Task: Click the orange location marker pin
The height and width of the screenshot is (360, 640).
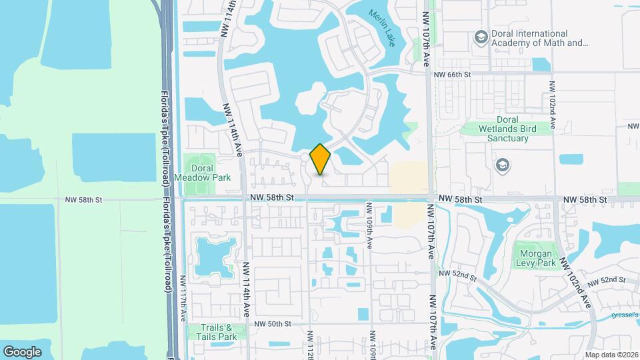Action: click(321, 159)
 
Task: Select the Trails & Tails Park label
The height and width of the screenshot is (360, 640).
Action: click(217, 332)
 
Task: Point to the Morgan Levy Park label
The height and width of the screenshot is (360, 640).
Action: click(535, 258)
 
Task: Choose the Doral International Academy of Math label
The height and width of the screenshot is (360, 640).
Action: click(540, 38)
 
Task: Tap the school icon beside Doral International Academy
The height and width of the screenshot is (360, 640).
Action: click(480, 38)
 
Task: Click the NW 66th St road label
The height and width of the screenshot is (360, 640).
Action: click(452, 75)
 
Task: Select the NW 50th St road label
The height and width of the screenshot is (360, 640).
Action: click(273, 324)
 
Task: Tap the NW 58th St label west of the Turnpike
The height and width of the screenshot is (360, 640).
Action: click(83, 199)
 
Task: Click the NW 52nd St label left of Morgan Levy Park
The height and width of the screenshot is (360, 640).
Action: click(458, 274)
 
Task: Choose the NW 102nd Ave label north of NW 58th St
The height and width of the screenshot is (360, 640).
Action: click(553, 105)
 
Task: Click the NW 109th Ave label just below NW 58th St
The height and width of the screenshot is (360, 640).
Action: click(369, 231)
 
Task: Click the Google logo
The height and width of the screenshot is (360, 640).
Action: click(23, 351)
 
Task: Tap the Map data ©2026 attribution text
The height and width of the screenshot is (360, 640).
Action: click(611, 355)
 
